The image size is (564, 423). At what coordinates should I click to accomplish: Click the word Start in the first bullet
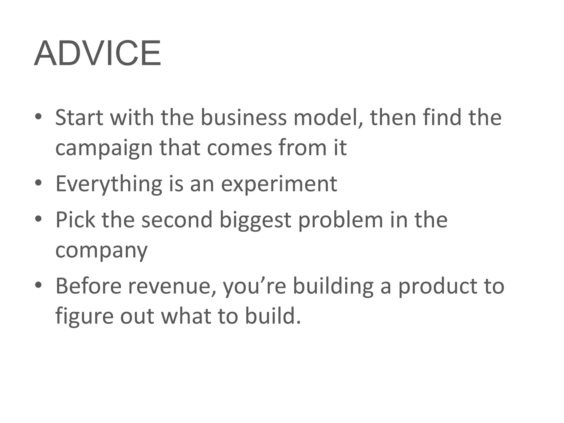click(x=79, y=118)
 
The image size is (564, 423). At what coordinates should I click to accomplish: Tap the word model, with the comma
click(x=328, y=118)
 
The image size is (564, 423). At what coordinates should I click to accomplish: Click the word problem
click(x=341, y=220)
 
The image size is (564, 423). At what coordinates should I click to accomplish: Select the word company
click(x=101, y=251)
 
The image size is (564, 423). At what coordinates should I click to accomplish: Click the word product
click(x=436, y=286)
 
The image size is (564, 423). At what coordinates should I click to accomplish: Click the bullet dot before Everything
click(x=38, y=183)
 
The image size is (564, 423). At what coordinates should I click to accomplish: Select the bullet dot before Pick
click(x=38, y=219)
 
